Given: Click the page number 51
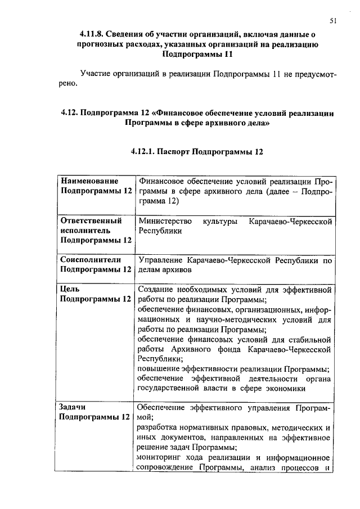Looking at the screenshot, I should coord(333,21).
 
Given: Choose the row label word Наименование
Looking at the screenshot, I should coord(89,182).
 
